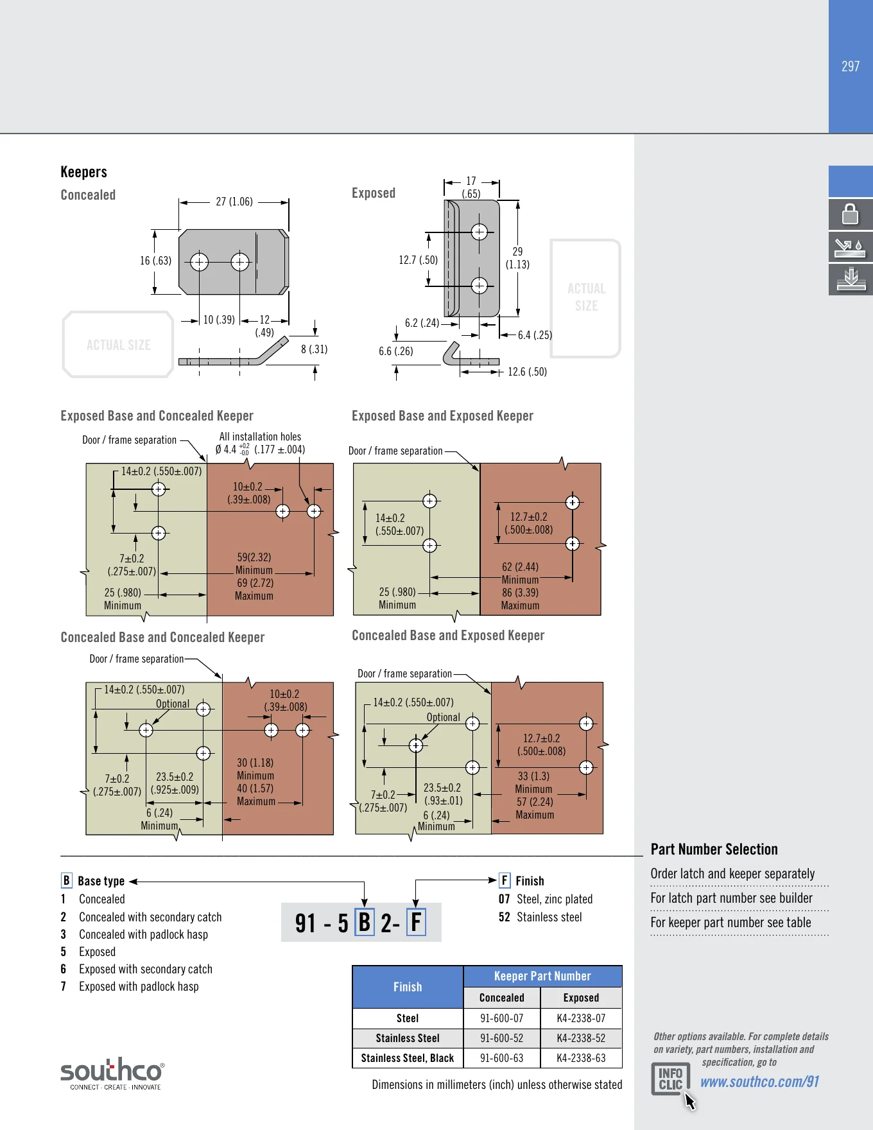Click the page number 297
[851, 66]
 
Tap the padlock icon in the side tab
[851, 214]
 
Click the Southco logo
[112, 1074]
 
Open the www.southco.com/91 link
[759, 1082]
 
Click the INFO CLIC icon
[671, 1079]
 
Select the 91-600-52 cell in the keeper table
[502, 1038]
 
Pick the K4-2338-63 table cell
[581, 1058]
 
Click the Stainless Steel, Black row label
[408, 1058]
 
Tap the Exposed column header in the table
[581, 998]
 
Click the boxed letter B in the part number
[365, 922]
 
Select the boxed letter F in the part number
[416, 922]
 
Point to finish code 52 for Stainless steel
[504, 917]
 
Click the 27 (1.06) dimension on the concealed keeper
[234, 202]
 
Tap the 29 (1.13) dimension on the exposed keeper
[517, 258]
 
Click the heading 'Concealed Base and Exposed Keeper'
[448, 636]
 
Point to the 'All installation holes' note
[260, 437]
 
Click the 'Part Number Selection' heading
[714, 849]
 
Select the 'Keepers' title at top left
[83, 172]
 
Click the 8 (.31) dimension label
[314, 349]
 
